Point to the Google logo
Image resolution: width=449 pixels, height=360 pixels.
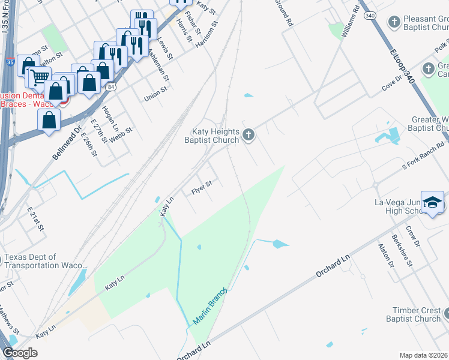pyautogui.click(x=20, y=353)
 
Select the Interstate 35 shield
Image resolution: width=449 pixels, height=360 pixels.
pyautogui.click(x=10, y=62)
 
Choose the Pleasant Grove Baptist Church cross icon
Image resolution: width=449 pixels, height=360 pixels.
pyautogui.click(x=394, y=23)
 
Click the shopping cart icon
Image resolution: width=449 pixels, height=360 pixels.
pyautogui.click(x=40, y=77)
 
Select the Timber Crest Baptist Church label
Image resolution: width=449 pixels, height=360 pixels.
pyautogui.click(x=417, y=314)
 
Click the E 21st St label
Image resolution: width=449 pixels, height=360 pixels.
pyautogui.click(x=36, y=219)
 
